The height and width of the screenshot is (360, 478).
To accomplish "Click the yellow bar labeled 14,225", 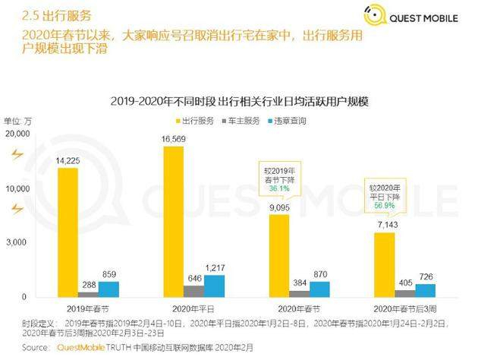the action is [68, 232].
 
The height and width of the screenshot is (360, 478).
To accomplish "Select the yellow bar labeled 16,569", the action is [174, 222].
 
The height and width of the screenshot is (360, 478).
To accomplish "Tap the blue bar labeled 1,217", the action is [214, 286].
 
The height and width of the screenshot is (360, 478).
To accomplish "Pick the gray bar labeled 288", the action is [88, 295].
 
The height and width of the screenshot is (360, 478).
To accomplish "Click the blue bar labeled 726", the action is [426, 291].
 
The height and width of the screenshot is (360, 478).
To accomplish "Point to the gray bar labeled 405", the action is [405, 294].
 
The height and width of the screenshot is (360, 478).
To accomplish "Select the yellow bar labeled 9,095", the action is [279, 256].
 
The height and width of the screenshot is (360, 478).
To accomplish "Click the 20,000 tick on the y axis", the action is [17, 134].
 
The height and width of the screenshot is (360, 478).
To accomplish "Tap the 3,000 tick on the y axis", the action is [17, 242].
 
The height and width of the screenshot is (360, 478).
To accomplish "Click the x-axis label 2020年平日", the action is [193, 309].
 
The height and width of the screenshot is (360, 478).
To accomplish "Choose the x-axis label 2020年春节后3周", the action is [405, 309].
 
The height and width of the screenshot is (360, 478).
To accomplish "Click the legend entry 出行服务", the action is [195, 121].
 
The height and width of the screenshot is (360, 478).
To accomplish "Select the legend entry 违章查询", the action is [287, 121].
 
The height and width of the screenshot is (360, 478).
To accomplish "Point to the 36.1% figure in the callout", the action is [279, 188].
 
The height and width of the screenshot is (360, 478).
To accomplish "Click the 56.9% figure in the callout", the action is [385, 206].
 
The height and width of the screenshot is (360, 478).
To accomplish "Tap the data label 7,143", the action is [388, 225].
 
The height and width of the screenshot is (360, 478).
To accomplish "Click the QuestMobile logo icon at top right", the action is [376, 15].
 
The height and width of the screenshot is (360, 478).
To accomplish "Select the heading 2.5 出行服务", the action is [57, 15].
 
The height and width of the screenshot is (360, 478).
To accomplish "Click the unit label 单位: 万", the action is [17, 121].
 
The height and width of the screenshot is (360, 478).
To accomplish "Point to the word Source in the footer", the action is [35, 348].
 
